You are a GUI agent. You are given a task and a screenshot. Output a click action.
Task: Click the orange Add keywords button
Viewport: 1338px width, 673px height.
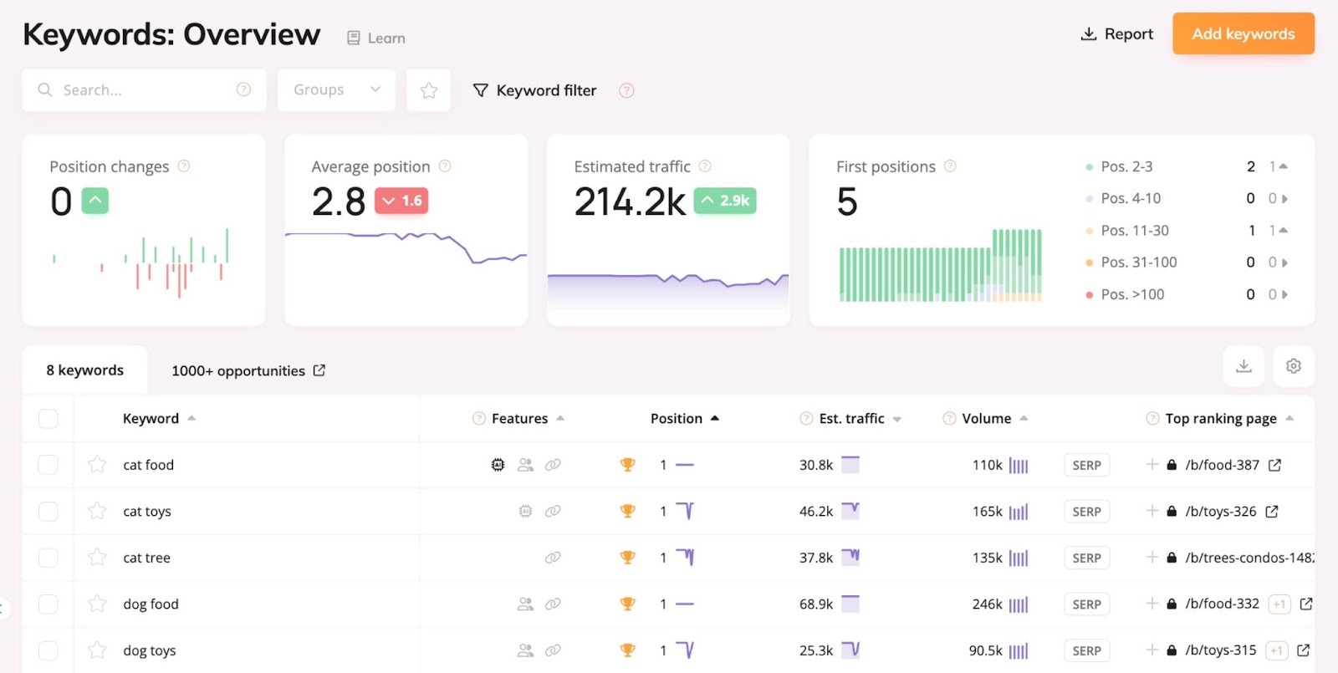click(x=1243, y=34)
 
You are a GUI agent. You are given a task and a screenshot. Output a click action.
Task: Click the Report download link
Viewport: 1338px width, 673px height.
click(x=1117, y=34)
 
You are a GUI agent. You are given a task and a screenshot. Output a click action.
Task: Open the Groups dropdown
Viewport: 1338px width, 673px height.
click(x=336, y=90)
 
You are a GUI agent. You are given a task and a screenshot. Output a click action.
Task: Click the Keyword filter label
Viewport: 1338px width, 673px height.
click(x=545, y=90)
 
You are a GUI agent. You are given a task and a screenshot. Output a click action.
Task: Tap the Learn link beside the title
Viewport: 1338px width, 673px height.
click(x=377, y=38)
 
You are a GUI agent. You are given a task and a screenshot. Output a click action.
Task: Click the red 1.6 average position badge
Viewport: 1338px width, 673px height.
click(x=401, y=201)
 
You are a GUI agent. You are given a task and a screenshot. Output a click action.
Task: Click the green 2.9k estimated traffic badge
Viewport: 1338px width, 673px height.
click(x=725, y=201)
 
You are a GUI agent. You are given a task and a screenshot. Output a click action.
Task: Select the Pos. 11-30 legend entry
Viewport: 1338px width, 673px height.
click(x=1134, y=231)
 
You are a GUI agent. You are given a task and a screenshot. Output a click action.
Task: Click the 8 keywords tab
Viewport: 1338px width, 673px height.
click(x=84, y=370)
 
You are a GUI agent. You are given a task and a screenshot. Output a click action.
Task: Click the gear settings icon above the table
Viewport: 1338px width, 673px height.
click(x=1293, y=366)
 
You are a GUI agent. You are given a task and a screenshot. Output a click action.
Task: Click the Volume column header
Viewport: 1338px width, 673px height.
click(x=986, y=419)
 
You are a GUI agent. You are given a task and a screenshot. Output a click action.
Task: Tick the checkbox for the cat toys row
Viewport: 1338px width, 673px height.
click(x=49, y=512)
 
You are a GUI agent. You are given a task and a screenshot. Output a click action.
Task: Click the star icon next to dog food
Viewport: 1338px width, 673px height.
click(x=97, y=604)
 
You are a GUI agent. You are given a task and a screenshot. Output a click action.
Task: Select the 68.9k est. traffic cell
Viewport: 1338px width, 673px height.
click(x=815, y=604)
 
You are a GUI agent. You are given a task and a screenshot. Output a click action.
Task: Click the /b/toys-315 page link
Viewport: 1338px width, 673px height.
click(x=1220, y=650)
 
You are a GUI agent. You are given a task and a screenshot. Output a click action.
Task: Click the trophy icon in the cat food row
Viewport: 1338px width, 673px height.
click(x=627, y=465)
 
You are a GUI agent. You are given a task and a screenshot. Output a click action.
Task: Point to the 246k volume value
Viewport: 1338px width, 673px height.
click(x=987, y=604)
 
